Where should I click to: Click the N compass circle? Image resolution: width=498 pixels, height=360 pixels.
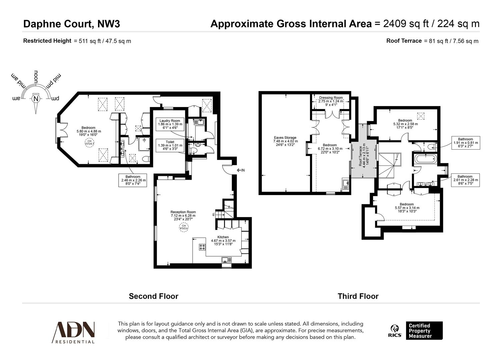(36, 99)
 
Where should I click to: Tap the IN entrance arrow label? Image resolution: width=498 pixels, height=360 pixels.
(241, 170)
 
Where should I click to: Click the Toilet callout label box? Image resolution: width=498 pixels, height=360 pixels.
(170, 146)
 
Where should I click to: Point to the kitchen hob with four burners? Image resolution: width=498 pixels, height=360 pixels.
(202, 247)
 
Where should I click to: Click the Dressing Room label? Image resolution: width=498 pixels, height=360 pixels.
(331, 101)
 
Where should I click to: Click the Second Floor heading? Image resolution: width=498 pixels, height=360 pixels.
(153, 296)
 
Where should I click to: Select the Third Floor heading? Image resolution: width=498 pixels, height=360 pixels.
(358, 296)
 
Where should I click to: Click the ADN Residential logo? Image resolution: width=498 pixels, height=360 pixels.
(73, 332)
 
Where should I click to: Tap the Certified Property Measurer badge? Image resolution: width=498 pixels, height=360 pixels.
(424, 331)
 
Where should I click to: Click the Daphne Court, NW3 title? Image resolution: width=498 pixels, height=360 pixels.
(71, 24)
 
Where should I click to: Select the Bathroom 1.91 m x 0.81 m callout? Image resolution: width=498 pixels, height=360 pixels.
(465, 143)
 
